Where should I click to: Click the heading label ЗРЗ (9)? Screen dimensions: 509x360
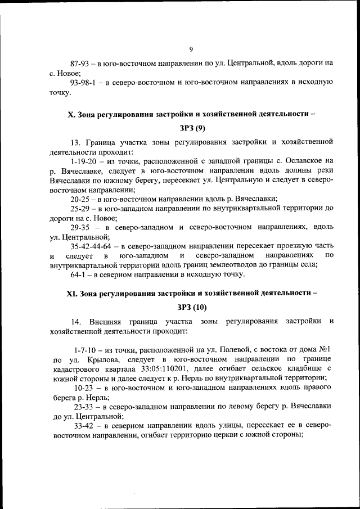[x=192, y=128]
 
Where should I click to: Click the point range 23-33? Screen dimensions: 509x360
[x=85, y=407]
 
